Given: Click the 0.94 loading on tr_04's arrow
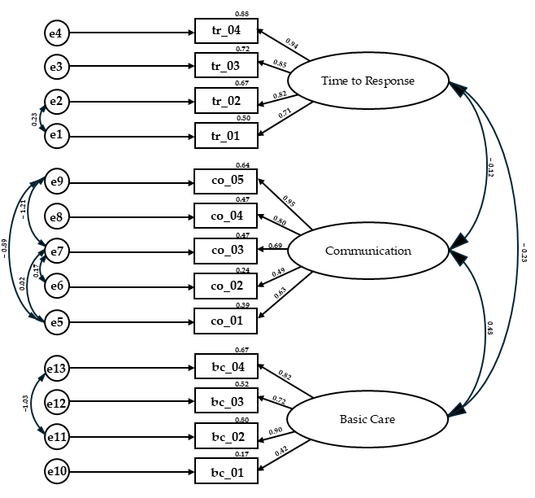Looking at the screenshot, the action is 292,43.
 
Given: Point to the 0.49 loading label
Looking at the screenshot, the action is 278,273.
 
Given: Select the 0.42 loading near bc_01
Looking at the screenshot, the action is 281,451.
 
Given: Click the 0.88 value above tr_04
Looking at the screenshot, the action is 242,14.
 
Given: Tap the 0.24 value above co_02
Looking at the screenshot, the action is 242,270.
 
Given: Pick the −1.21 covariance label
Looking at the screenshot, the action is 23,209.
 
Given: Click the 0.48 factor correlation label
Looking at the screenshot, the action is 490,328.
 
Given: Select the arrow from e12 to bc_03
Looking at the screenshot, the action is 132,401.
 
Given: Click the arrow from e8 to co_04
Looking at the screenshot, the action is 132,217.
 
